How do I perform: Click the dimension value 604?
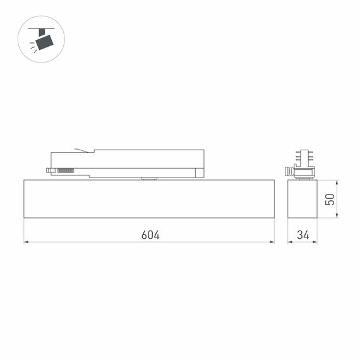[150, 235]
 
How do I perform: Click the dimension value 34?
[303, 235]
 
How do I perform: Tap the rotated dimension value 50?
[329, 199]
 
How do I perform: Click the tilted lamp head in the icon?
[45, 42]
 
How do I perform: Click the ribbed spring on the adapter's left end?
[64, 170]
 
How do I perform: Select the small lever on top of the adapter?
[81, 150]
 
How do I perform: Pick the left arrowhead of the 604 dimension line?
[27, 242]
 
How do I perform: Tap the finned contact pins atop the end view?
[303, 157]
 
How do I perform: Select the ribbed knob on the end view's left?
[289, 171]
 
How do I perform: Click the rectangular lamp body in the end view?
[303, 199]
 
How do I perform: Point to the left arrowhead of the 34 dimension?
[291, 242]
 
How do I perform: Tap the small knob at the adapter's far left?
[49, 170]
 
